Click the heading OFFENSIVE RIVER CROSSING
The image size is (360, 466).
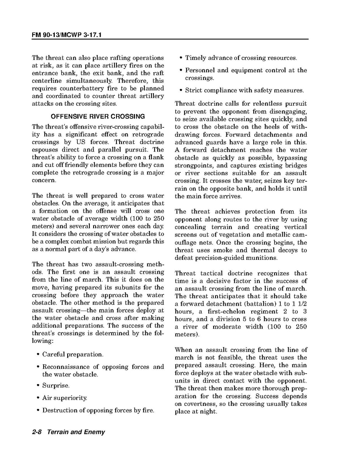pyautogui.click(x=98, y=116)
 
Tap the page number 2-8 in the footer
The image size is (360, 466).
pyautogui.click(x=38, y=432)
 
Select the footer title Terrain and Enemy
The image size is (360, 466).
pyautogui.click(x=76, y=432)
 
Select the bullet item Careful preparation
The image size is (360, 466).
pyautogui.click(x=73, y=355)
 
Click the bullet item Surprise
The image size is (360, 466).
pyautogui.click(x=56, y=386)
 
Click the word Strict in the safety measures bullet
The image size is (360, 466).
pyautogui.click(x=193, y=90)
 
